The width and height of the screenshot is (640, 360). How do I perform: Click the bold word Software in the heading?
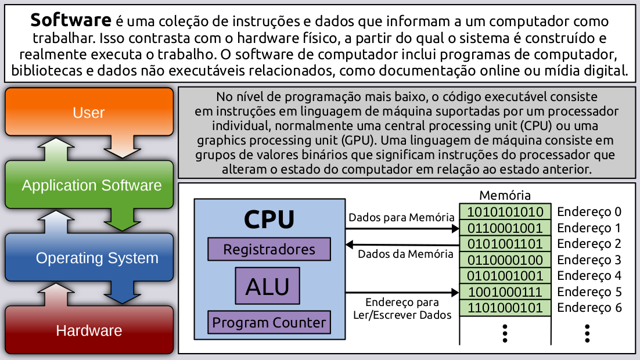(70, 21)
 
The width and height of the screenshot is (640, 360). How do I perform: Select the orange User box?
(89, 112)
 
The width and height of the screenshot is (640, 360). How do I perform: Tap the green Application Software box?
(91, 185)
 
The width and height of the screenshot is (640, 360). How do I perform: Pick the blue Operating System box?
(96, 258)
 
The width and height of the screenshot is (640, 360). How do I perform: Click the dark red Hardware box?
(89, 330)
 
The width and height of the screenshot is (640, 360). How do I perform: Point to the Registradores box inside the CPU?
(269, 250)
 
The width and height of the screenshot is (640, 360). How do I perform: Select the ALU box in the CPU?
(268, 286)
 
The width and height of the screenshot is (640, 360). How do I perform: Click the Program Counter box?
(269, 322)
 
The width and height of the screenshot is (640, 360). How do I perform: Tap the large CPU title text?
(269, 219)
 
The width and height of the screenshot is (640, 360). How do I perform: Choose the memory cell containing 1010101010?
(505, 211)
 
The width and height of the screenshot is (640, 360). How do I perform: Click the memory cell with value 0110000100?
(505, 260)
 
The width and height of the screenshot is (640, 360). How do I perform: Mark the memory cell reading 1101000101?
(505, 307)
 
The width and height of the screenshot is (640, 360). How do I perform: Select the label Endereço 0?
(589, 211)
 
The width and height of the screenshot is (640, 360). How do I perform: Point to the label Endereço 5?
(589, 291)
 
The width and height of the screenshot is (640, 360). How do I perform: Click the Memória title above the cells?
(505, 195)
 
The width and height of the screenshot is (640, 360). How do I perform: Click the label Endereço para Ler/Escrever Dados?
(402, 309)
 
